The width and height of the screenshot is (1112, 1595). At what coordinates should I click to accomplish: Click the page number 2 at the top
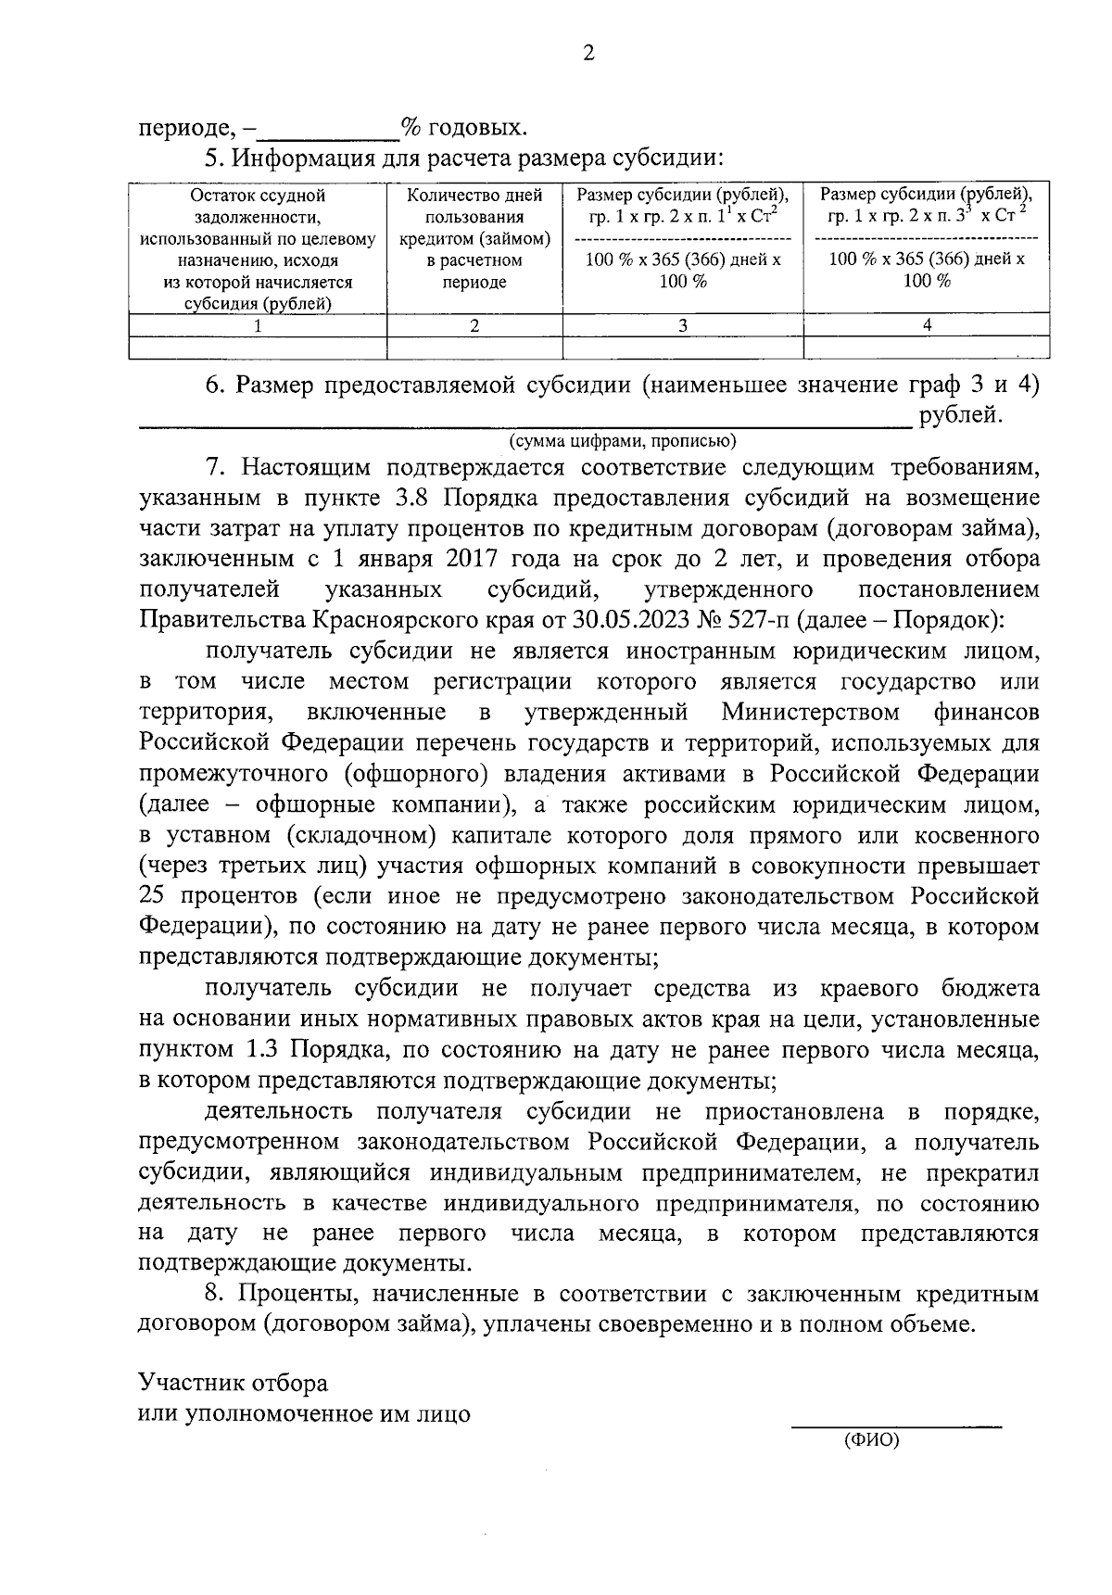(x=588, y=54)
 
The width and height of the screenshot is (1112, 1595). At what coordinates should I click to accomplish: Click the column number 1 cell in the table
(x=258, y=325)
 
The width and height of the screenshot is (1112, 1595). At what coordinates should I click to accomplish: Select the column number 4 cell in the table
(x=927, y=325)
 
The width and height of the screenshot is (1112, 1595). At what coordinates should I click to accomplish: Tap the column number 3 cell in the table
(x=683, y=325)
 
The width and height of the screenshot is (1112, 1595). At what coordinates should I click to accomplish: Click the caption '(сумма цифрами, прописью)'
(x=622, y=440)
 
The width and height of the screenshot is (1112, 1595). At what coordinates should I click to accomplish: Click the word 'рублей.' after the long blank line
(x=961, y=415)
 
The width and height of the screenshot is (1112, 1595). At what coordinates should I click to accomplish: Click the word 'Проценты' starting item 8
(x=292, y=1294)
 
